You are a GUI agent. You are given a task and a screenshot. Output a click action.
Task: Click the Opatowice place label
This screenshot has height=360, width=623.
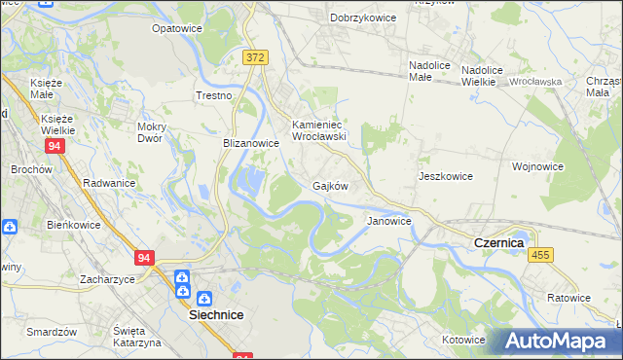coord(176,28)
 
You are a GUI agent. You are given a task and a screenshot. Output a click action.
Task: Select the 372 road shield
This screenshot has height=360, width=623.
coord(255,58)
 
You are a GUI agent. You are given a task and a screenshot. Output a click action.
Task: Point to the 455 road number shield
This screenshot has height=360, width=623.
coord(541,254)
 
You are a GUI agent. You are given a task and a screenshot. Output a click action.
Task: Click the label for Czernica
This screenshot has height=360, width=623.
coord(498,241)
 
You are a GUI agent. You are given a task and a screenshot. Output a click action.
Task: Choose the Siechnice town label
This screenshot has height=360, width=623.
coord(215,315)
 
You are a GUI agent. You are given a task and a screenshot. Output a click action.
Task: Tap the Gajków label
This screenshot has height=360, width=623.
coord(330,185)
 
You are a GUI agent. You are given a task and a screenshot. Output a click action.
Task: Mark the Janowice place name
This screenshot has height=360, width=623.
coord(388,221)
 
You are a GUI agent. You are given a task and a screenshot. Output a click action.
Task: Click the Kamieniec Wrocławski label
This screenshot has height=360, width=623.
coord(319,131)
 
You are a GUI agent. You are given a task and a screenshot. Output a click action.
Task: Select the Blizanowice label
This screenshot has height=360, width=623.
coord(251,143)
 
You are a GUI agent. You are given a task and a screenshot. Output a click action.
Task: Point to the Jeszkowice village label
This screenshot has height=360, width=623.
coord(445,176)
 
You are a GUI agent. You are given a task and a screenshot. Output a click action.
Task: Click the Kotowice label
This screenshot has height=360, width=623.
coord(462,340)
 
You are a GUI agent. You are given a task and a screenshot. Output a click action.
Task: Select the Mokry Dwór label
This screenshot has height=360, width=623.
coord(157,132)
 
